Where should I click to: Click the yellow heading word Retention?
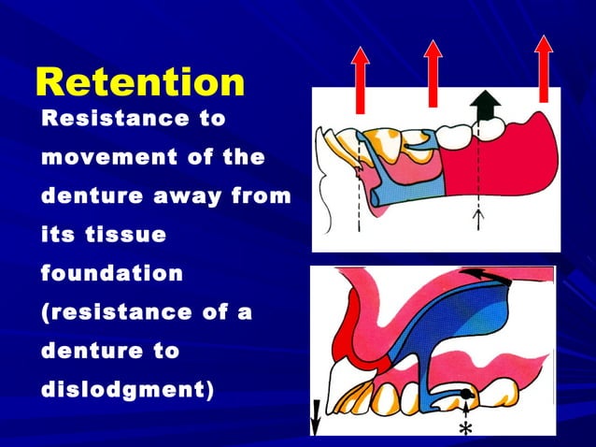[x=140, y=82]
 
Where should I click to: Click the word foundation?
[x=112, y=274]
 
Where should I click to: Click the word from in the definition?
[x=261, y=197]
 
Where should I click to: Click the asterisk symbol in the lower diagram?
[x=465, y=428]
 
